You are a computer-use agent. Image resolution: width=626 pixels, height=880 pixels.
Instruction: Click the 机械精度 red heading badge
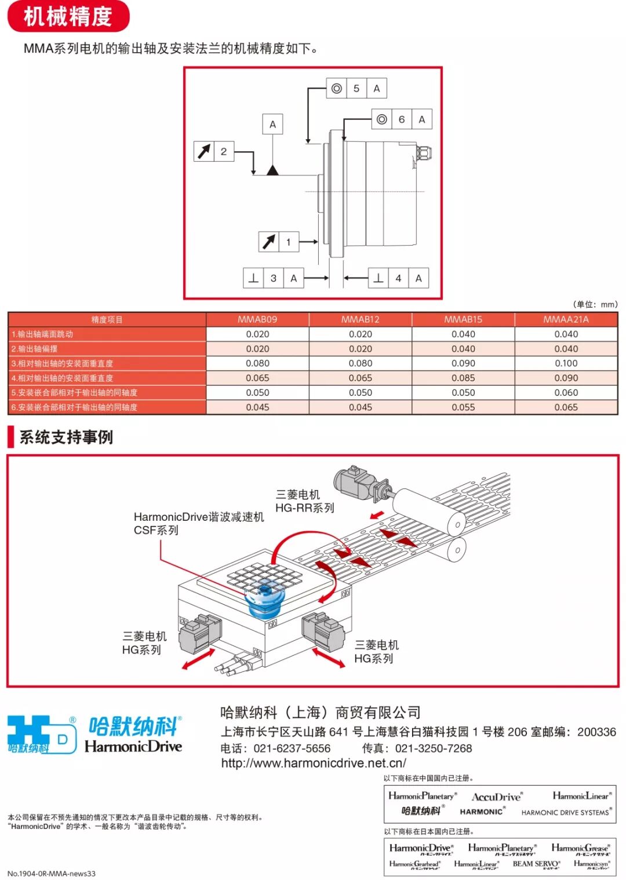[x=68, y=17]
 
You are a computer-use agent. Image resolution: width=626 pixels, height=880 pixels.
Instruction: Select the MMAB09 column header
[x=257, y=319]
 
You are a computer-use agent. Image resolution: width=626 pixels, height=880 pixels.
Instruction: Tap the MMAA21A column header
[x=566, y=319]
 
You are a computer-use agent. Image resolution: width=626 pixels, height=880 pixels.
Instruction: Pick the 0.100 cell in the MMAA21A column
[x=566, y=363]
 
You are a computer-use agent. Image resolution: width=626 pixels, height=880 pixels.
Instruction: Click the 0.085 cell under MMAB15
[x=463, y=378]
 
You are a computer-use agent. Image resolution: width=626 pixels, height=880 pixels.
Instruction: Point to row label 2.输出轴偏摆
[x=35, y=349]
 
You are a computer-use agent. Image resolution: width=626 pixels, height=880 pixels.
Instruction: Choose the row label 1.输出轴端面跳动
[x=42, y=334]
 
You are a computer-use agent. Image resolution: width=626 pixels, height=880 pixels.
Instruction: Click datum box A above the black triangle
[x=272, y=124]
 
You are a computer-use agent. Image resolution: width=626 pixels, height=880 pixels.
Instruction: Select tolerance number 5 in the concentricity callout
[x=356, y=89]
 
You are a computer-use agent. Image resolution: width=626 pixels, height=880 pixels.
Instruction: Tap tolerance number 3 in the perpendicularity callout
[x=274, y=278]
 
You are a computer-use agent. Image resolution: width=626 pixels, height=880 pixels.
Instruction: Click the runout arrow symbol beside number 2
[x=204, y=151]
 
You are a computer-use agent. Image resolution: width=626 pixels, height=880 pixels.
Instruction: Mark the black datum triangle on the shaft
[x=272, y=170]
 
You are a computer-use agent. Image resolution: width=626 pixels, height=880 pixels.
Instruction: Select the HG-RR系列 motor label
[x=304, y=508]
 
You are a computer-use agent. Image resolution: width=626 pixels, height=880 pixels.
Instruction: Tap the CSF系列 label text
[x=156, y=530]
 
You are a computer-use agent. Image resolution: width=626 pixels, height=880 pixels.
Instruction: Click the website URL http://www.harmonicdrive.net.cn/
[x=314, y=764]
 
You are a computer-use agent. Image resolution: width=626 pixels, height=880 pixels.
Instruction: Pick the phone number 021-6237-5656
[x=292, y=748]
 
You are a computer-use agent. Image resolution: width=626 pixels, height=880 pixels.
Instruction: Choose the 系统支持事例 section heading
[x=66, y=437]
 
